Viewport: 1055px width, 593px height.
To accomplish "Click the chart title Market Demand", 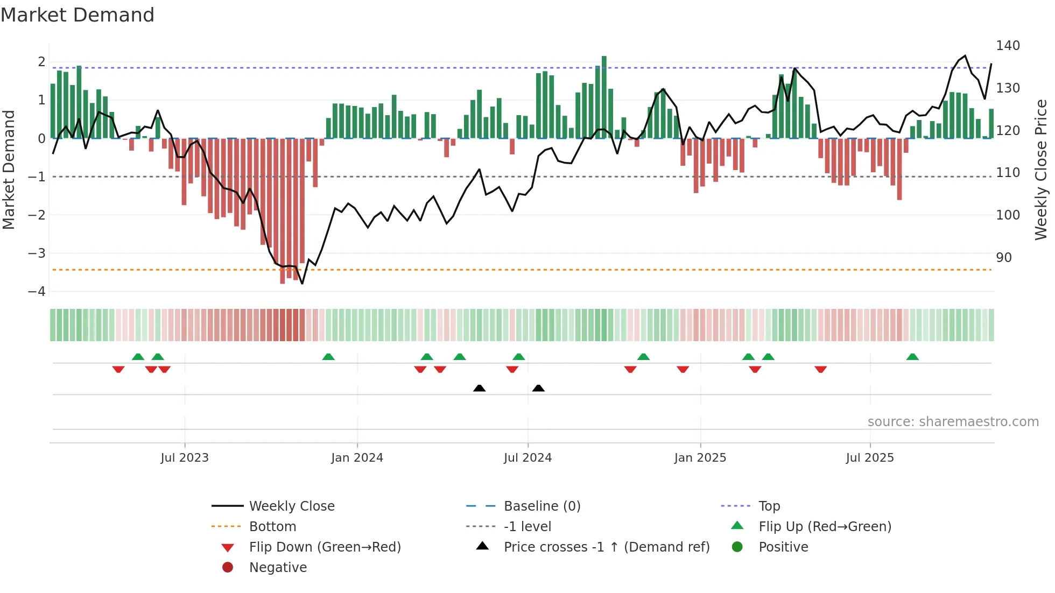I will [78, 15].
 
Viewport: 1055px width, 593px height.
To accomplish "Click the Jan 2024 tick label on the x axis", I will [357, 458].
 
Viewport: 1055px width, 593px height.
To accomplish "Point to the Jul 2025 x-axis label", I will [869, 458].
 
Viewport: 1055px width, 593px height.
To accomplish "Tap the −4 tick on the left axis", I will [37, 292].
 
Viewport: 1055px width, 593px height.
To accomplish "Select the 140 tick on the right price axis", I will [1008, 46].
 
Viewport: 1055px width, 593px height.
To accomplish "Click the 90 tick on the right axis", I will [1003, 258].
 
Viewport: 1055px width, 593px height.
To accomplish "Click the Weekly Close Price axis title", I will [1041, 170].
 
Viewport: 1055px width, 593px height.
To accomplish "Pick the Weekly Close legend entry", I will [291, 506].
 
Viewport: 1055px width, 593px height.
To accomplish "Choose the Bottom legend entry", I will [272, 527].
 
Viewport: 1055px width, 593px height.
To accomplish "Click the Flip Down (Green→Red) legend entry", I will [325, 547].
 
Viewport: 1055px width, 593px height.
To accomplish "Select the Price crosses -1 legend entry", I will [606, 547].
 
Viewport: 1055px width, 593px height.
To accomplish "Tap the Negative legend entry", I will [278, 568].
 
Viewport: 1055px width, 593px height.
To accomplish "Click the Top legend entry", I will [769, 506].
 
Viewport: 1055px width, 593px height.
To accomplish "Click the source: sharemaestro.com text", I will [953, 422].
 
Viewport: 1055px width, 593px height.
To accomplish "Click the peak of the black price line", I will [965, 56].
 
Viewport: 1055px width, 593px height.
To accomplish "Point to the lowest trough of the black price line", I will [302, 283].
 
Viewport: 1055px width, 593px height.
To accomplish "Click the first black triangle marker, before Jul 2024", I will [479, 388].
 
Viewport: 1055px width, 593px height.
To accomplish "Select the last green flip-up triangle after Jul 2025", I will [912, 357].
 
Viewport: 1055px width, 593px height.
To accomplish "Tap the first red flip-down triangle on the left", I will [118, 369].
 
